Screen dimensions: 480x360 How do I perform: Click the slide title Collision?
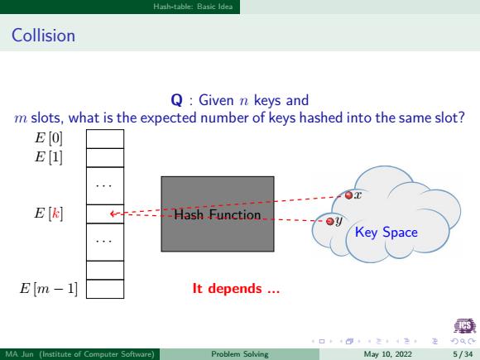43,36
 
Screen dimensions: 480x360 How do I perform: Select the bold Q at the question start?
177,100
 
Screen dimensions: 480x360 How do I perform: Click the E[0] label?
48,137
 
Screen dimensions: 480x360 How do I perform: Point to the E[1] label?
48,156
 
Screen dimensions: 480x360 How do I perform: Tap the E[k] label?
48,213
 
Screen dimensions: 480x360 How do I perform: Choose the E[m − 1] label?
49,288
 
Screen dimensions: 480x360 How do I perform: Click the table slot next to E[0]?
105,139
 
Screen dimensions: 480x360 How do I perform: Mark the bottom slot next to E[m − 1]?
105,289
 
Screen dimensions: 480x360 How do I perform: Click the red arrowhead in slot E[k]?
113,214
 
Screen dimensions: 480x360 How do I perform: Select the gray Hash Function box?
218,214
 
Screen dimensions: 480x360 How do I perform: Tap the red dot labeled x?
348,195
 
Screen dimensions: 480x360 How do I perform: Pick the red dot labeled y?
329,221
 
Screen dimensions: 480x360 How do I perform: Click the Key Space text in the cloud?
386,232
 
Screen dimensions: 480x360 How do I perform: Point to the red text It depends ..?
236,288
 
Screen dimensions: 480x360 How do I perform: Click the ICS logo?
465,325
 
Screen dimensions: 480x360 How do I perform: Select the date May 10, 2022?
388,354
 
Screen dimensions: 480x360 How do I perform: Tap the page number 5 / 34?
463,354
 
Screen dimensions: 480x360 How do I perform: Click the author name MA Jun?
19,354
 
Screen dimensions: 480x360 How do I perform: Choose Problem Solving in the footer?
240,354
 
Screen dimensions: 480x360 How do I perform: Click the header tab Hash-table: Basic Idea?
193,7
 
